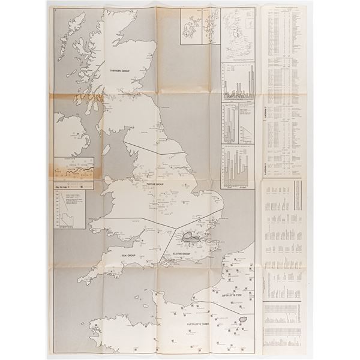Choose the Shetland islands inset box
[x=209, y=25]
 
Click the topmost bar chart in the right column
[x=239, y=80]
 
